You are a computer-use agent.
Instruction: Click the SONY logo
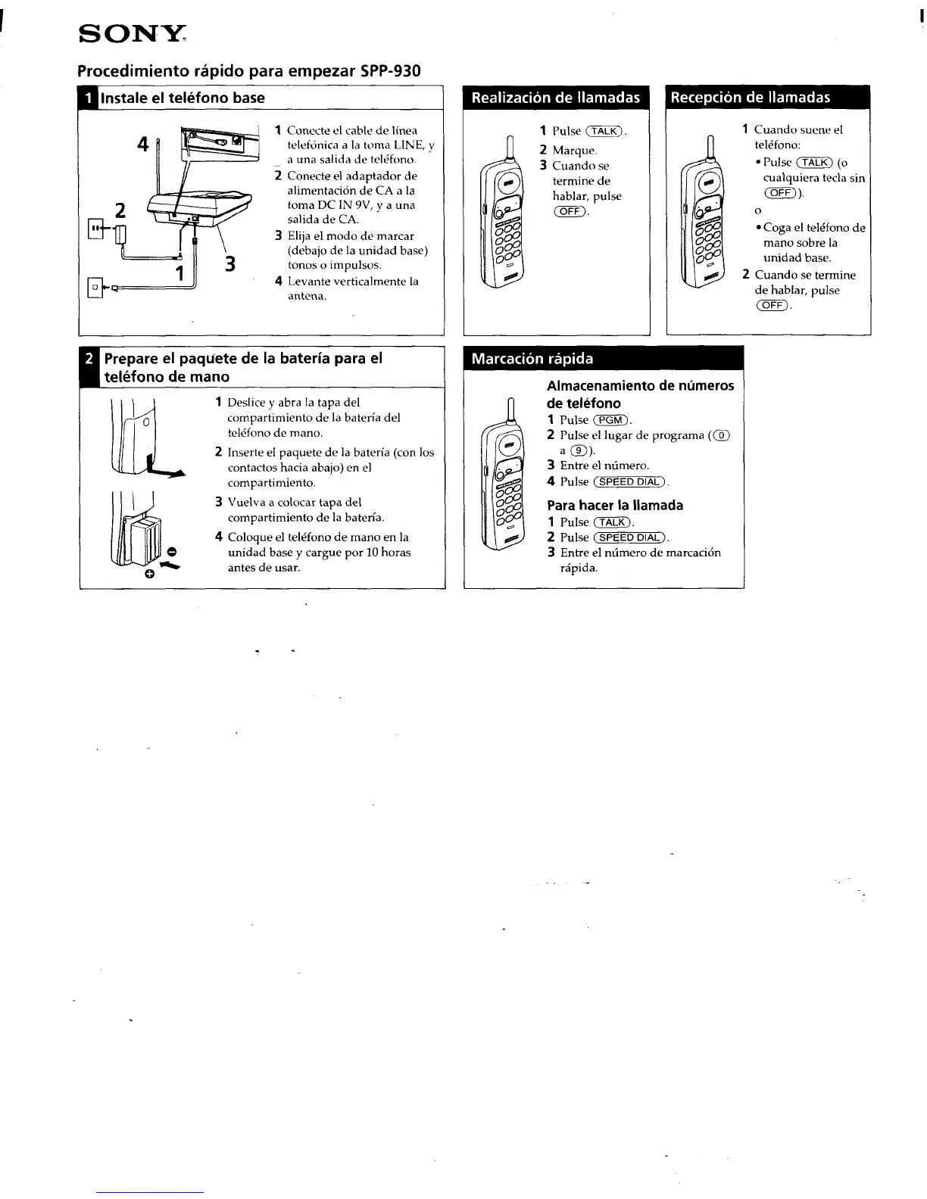[132, 35]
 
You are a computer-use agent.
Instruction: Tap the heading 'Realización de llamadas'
[556, 98]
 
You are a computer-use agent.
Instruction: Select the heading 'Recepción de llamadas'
[750, 98]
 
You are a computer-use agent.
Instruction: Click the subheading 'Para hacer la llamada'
[615, 505]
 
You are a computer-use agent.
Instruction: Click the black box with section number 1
[89, 98]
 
